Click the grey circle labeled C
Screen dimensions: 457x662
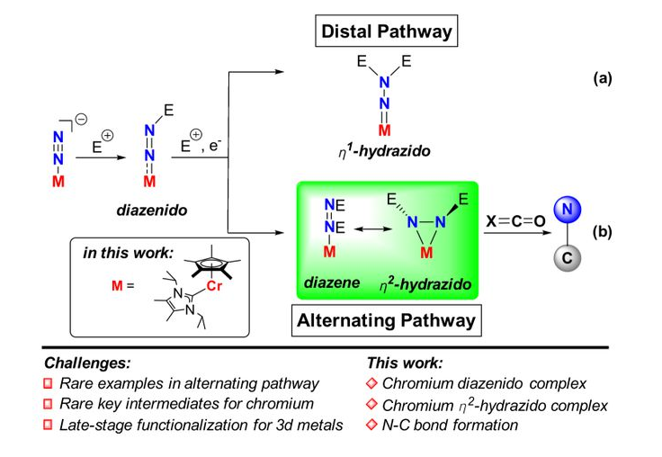[566, 259]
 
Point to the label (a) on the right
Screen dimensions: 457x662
[602, 78]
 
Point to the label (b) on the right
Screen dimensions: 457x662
[602, 231]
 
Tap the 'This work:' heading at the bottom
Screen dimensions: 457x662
[403, 363]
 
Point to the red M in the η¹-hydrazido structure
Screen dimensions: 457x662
[384, 130]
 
